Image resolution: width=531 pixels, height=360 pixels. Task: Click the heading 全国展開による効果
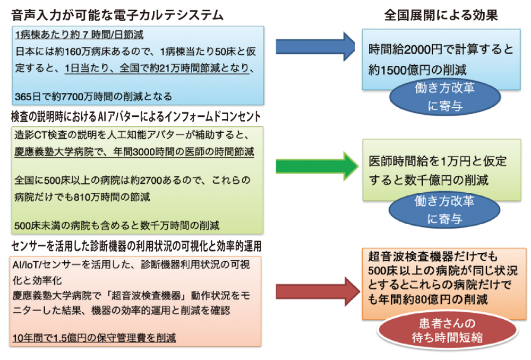pos(441,15)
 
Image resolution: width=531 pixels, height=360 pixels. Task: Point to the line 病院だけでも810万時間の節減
pos(82,197)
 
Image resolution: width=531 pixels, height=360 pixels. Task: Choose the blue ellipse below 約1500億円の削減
pos(444,97)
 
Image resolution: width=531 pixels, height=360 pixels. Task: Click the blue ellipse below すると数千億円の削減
pos(444,210)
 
